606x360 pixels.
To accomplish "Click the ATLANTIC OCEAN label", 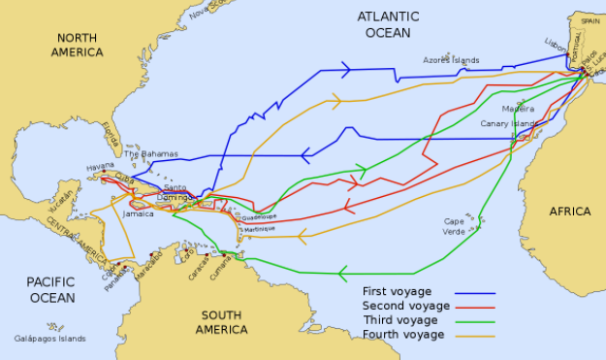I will pyautogui.click(x=388, y=24).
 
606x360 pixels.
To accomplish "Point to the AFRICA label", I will pyautogui.click(x=570, y=212).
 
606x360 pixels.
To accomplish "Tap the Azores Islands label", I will pyautogui.click(x=451, y=60).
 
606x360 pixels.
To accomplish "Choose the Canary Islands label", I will pyautogui.click(x=509, y=124).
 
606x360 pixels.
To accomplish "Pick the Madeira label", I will pyautogui.click(x=517, y=108).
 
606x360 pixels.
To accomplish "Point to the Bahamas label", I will pyautogui.click(x=151, y=154).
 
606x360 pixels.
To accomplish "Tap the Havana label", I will pyautogui.click(x=100, y=166).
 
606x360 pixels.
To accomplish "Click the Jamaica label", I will pyautogui.click(x=139, y=213).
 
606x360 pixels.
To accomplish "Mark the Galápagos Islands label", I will pyautogui.click(x=49, y=340).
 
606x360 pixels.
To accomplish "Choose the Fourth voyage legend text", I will pyautogui.click(x=403, y=335).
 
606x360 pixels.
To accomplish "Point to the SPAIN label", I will pyautogui.click(x=590, y=19).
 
